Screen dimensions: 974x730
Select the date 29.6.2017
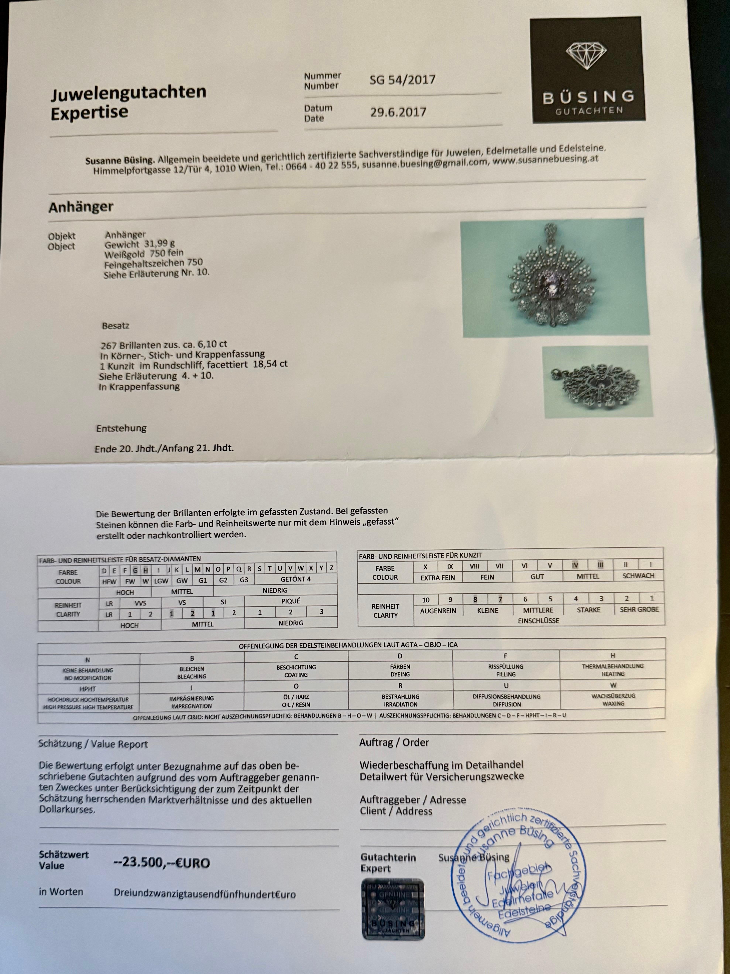(x=398, y=112)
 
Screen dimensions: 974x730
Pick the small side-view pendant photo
(x=597, y=381)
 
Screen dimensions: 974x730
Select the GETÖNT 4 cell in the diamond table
(x=296, y=579)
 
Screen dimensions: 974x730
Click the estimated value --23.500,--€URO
(x=162, y=863)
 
